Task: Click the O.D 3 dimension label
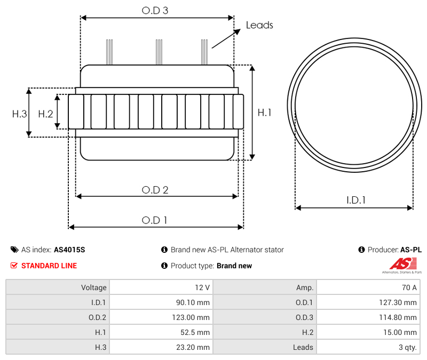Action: tap(155, 10)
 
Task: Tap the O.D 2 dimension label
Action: tap(155, 190)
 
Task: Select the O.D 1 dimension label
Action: tap(154, 220)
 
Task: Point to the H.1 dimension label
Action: tap(265, 113)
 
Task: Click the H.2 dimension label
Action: tap(45, 114)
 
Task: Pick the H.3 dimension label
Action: tap(20, 114)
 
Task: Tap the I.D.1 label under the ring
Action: tap(356, 200)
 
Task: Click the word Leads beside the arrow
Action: tap(259, 25)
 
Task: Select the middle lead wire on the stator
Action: tap(159, 52)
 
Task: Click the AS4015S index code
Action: tap(69, 250)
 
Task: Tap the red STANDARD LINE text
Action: tap(49, 266)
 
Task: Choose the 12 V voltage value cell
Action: tap(202, 287)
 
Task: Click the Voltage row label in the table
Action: tap(93, 287)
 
